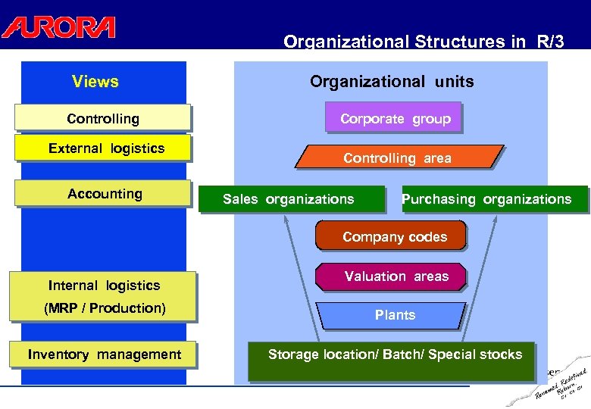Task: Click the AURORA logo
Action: [58, 27]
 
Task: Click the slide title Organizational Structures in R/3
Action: [424, 42]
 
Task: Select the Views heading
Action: [95, 81]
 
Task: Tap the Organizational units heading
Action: [392, 81]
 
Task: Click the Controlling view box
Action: [103, 118]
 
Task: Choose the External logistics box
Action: [106, 148]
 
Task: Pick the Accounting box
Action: [105, 193]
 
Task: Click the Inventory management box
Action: [104, 354]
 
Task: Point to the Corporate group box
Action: [395, 118]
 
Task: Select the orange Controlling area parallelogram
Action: [397, 158]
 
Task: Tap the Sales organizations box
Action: [289, 199]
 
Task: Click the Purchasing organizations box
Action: [495, 199]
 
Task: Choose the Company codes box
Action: [394, 236]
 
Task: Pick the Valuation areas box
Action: [396, 276]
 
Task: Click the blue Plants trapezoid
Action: [395, 315]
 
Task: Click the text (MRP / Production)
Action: [105, 308]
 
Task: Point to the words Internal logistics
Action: [105, 286]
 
